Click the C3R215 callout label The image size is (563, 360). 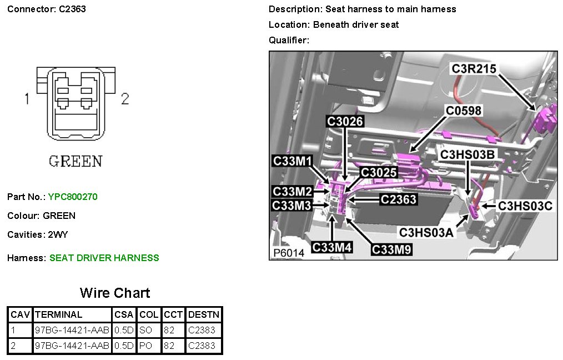(474, 69)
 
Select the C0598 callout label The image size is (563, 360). (464, 111)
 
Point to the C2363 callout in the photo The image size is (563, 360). (398, 199)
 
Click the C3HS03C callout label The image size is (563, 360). (525, 206)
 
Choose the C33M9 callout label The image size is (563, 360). (392, 249)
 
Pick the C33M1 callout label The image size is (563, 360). (293, 161)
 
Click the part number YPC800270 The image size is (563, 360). (73, 197)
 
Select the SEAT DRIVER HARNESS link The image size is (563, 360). (104, 258)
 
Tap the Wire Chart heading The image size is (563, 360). (115, 293)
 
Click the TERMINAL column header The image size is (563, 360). (58, 314)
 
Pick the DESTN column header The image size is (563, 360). (204, 314)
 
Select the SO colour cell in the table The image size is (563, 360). (145, 330)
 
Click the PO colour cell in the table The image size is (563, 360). (145, 346)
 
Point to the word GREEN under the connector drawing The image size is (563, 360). (76, 162)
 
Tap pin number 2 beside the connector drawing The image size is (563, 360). (125, 99)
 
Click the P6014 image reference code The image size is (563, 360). (289, 253)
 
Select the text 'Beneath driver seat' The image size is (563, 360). (356, 24)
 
